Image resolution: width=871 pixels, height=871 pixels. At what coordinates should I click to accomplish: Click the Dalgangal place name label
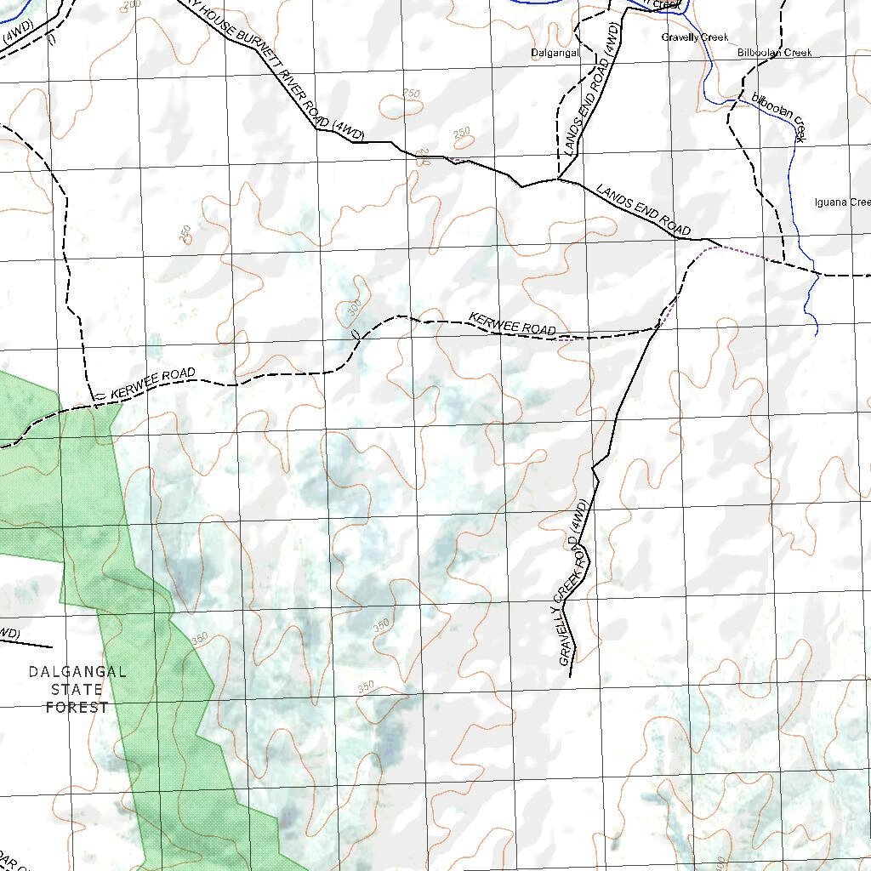click(555, 53)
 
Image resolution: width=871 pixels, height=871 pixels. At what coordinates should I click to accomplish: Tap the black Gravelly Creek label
click(694, 37)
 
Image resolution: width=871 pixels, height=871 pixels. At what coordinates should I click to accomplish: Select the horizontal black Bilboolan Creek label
click(774, 53)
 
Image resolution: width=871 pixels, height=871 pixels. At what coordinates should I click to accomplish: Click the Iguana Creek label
click(842, 202)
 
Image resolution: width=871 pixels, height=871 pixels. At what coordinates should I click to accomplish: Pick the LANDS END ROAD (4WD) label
click(593, 89)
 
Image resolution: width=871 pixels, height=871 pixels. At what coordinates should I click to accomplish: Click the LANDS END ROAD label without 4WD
click(642, 209)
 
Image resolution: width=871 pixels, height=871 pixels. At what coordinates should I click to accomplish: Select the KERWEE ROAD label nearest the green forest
click(152, 383)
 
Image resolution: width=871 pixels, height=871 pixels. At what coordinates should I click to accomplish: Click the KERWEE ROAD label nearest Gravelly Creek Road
click(512, 324)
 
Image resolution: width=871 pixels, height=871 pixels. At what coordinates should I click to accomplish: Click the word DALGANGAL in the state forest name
click(77, 671)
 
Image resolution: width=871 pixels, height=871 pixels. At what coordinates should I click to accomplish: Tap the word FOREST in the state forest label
click(77, 707)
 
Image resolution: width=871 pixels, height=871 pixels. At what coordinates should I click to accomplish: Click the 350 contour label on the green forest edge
click(201, 638)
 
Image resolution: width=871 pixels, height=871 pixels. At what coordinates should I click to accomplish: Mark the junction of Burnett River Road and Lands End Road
click(558, 179)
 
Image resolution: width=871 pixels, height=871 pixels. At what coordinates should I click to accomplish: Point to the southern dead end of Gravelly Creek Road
click(568, 677)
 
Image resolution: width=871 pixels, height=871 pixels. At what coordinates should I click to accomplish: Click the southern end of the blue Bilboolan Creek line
click(817, 334)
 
